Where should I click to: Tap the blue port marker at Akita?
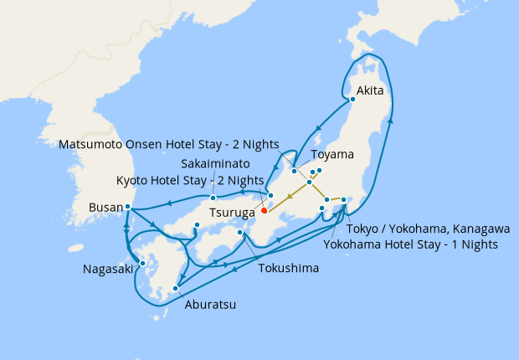352,99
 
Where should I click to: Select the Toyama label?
332,155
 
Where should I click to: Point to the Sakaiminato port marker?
213,198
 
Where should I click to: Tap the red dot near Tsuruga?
264,211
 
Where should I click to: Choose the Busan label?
105,207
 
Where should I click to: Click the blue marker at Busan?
127,206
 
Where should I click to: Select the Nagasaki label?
107,270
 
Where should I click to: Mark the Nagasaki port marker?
142,263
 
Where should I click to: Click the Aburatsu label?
209,305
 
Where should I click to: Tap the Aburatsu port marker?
175,289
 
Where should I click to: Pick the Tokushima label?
287,270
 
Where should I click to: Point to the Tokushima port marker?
240,233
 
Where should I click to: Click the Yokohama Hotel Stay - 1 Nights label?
410,244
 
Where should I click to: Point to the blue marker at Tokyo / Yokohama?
344,199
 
